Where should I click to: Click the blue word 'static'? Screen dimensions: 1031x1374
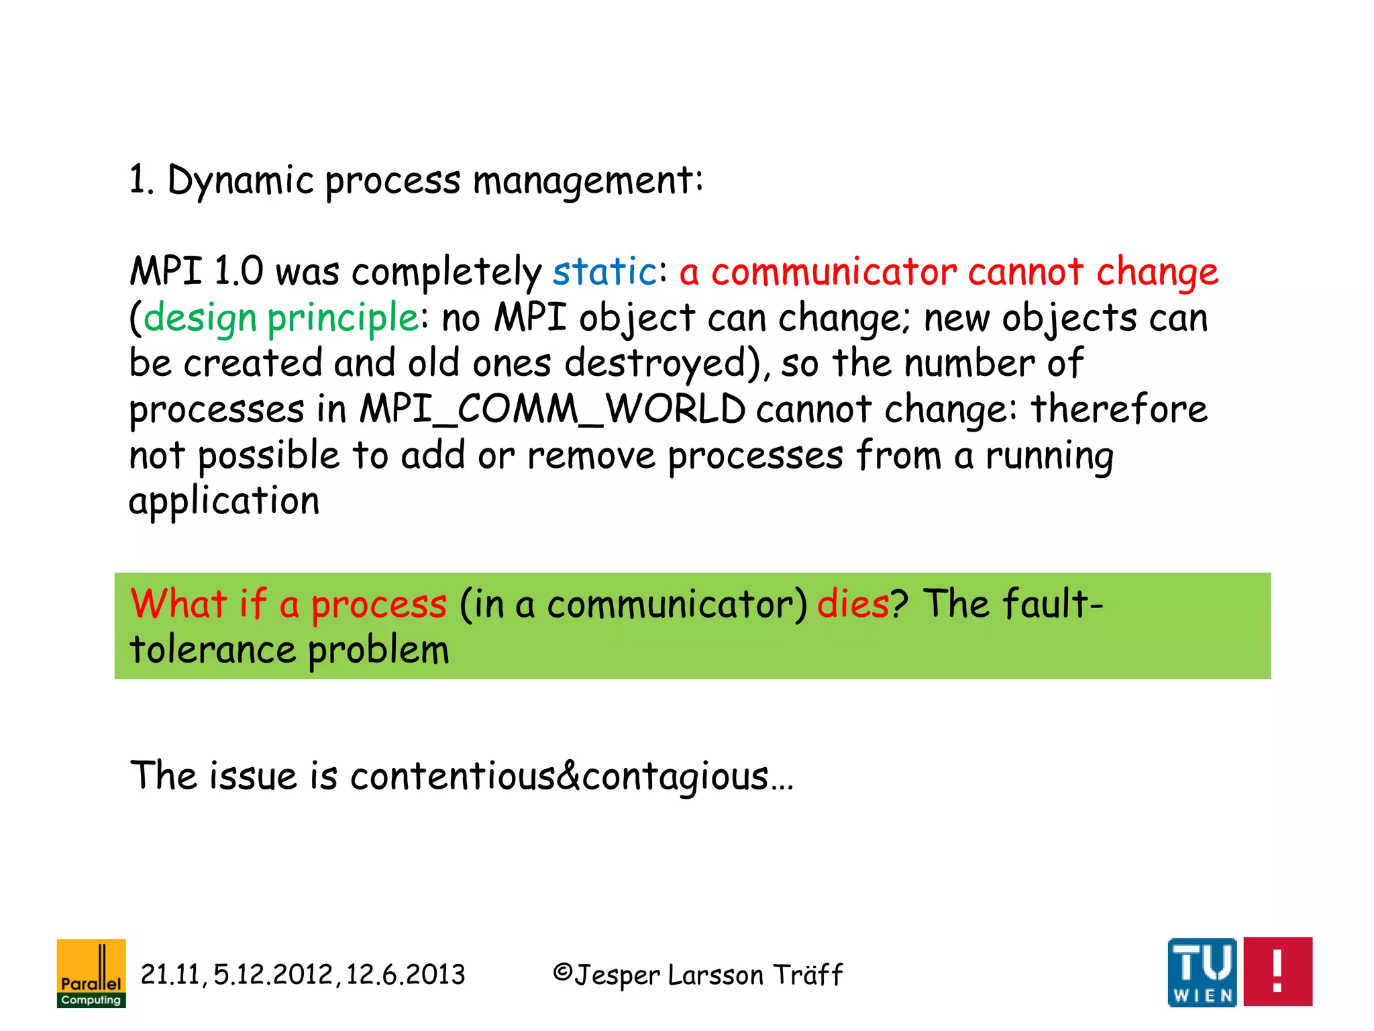coord(604,272)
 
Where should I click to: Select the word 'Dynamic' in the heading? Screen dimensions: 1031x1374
coord(240,181)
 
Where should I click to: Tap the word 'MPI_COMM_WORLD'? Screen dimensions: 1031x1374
coord(552,409)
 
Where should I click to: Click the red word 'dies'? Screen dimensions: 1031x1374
coord(853,603)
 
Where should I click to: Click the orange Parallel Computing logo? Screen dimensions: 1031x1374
coord(91,973)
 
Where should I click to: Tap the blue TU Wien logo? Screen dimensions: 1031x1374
coord(1202,972)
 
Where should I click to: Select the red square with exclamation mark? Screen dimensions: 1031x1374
coord(1277,971)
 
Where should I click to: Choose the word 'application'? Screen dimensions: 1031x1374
coord(224,502)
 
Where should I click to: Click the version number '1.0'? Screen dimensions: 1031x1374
coord(238,272)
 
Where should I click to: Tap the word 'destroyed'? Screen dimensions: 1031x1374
coord(655,363)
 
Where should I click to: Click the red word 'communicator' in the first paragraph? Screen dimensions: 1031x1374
coord(834,272)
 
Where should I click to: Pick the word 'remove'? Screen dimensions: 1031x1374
coord(591,456)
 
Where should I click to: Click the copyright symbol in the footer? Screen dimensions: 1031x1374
coord(562,973)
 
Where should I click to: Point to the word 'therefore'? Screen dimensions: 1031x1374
coord(1119,409)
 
